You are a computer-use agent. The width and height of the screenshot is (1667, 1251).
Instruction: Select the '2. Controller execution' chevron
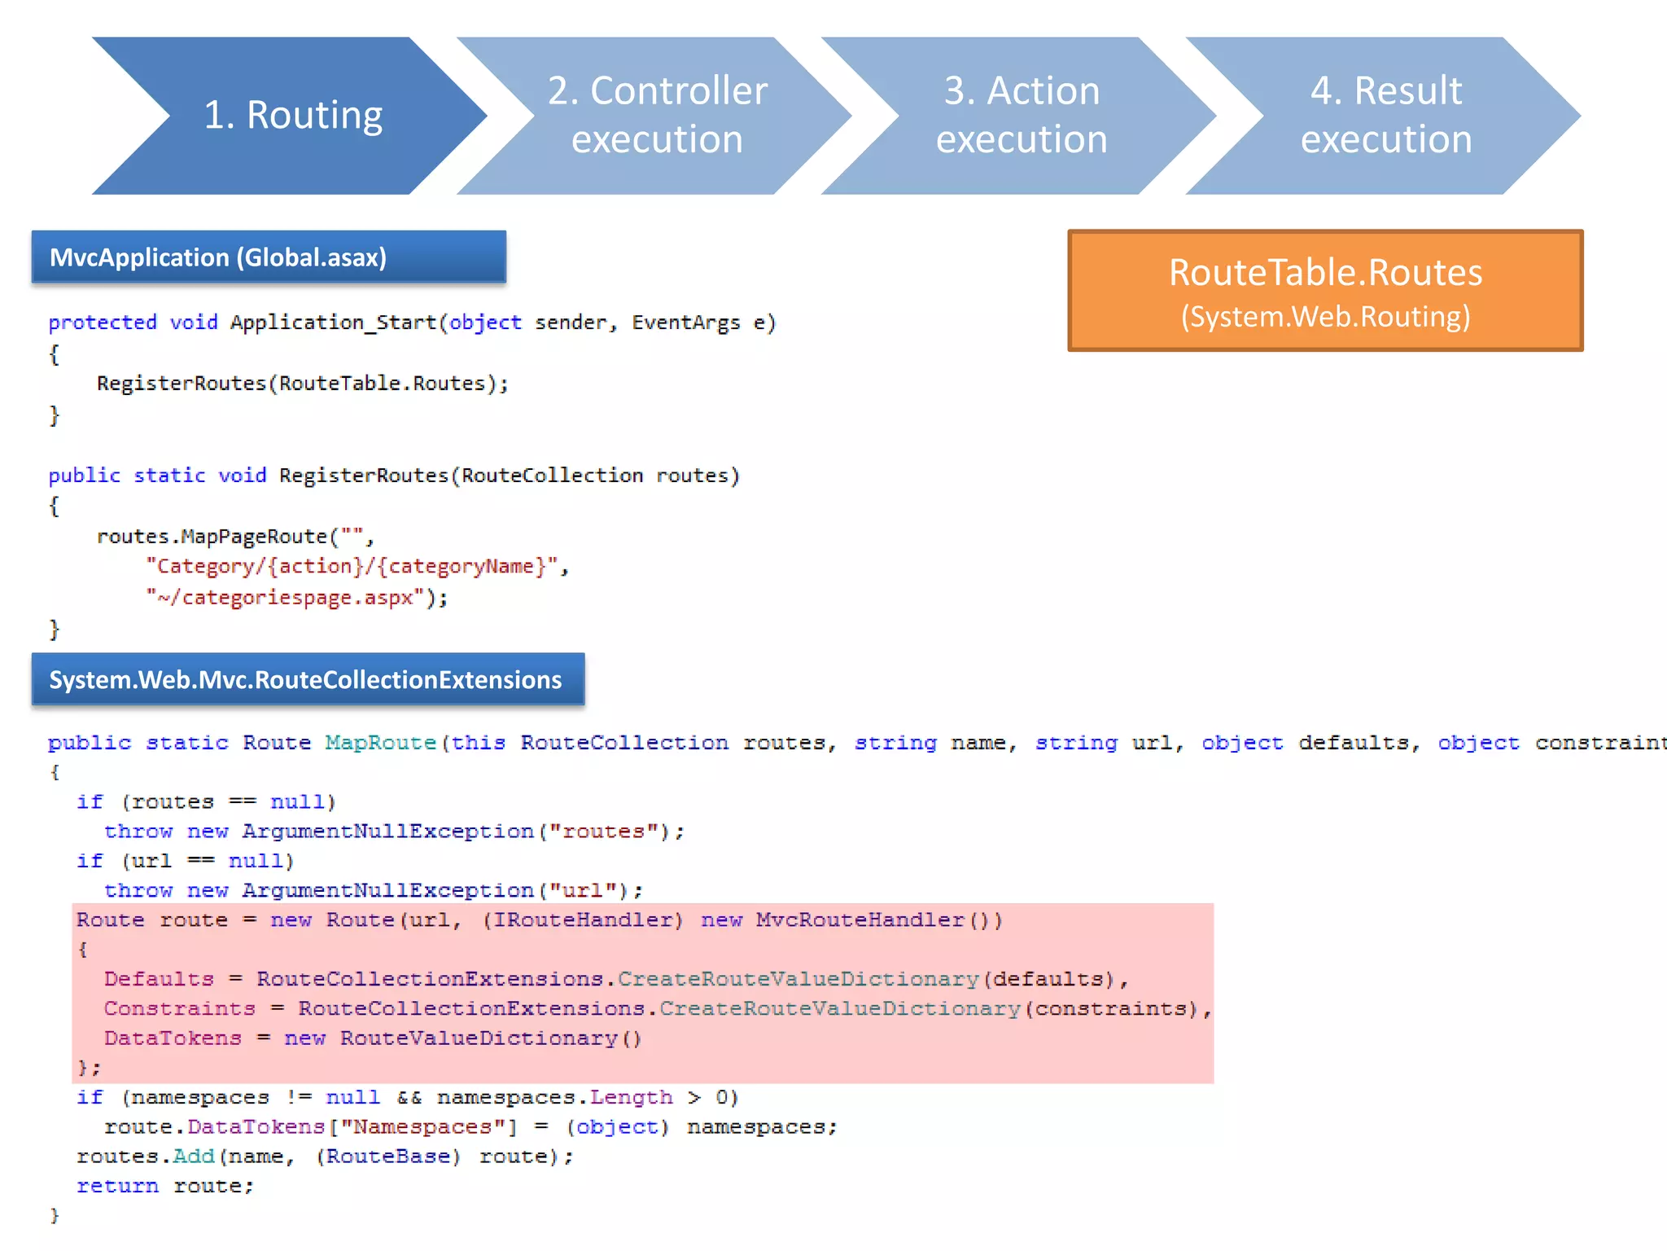pos(656,115)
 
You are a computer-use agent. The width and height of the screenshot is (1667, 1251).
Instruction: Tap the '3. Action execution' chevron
pos(1021,115)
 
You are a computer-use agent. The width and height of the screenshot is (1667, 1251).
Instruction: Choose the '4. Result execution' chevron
pos(1385,115)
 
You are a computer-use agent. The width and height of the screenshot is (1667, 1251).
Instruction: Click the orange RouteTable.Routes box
pos(1324,291)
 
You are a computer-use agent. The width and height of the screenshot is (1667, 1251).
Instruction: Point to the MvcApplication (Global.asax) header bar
pos(268,257)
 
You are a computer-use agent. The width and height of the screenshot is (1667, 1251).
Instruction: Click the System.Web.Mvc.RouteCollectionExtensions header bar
pos(308,679)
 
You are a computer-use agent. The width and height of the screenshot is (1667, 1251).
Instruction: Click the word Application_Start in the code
pos(333,323)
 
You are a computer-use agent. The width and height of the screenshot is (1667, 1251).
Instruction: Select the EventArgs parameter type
pos(685,323)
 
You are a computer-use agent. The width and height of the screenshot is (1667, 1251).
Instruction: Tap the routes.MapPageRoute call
pos(212,537)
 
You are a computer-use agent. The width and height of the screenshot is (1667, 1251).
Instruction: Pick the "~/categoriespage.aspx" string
pos(286,597)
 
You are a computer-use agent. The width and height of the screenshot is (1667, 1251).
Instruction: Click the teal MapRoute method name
pos(380,743)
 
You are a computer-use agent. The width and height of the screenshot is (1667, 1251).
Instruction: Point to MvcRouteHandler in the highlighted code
pos(860,920)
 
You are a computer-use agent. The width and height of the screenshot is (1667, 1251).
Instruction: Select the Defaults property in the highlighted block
pos(159,979)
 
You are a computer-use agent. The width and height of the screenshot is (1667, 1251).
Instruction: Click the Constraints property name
pos(179,1008)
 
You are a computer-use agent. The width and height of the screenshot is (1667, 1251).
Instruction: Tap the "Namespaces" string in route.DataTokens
pos(422,1127)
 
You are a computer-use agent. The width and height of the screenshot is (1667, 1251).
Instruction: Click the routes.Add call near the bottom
pos(147,1157)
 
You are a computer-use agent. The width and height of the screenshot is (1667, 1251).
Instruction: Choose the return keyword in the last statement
pos(117,1186)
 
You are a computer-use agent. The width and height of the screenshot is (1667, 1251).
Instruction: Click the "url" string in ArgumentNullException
pos(582,890)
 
